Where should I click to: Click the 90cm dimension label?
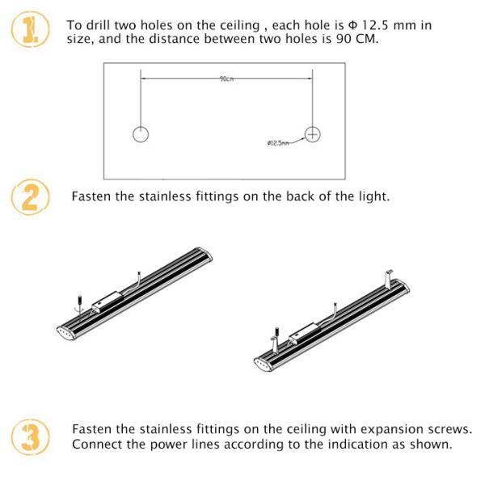click(226, 78)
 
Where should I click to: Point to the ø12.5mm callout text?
click(277, 143)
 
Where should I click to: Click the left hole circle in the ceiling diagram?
click(141, 134)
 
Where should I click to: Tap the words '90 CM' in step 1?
click(358, 39)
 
